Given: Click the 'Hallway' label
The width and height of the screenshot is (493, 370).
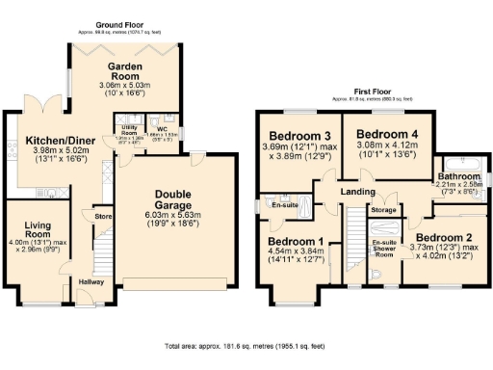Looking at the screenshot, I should coord(92,280).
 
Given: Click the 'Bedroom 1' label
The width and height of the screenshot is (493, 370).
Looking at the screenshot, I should coord(296,240).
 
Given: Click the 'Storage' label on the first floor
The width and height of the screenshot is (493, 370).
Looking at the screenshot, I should coord(383,209).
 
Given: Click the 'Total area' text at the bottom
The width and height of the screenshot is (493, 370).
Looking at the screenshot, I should coord(245,344).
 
